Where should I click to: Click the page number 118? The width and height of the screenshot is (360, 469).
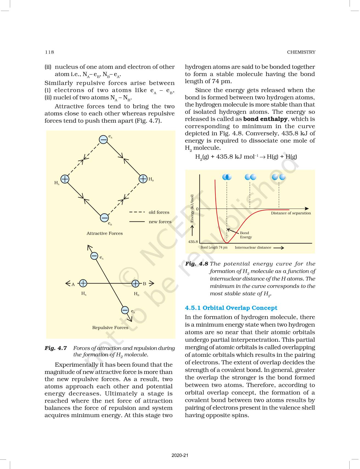click(50, 52)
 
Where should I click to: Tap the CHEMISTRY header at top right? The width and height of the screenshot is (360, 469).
click(301, 52)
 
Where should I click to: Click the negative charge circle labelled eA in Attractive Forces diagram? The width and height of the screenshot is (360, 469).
click(103, 139)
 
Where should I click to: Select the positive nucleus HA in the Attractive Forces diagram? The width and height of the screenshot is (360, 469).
click(65, 179)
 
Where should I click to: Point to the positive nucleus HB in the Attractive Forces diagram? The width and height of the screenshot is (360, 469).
click(143, 179)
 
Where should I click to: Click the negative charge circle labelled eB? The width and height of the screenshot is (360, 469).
click(104, 218)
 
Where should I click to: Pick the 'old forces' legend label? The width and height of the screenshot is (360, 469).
click(159, 212)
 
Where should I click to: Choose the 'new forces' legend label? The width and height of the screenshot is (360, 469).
click(160, 222)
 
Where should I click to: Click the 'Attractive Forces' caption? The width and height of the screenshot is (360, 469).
click(105, 233)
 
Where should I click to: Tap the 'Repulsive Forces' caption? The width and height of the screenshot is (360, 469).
click(110, 327)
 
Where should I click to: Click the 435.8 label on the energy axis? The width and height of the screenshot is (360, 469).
click(193, 242)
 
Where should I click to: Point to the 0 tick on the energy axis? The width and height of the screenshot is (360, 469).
click(197, 209)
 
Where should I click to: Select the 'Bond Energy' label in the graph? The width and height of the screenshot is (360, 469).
click(246, 235)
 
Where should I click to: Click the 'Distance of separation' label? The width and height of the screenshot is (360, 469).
click(291, 213)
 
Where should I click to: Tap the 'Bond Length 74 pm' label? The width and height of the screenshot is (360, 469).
click(214, 248)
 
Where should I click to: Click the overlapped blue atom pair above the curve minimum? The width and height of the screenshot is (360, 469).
click(227, 177)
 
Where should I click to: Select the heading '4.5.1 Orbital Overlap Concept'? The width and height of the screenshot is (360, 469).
click(231, 308)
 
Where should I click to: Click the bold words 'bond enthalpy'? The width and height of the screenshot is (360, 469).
click(265, 119)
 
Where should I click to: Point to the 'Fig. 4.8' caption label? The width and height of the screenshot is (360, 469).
click(196, 264)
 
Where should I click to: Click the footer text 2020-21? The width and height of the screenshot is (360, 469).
click(180, 455)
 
